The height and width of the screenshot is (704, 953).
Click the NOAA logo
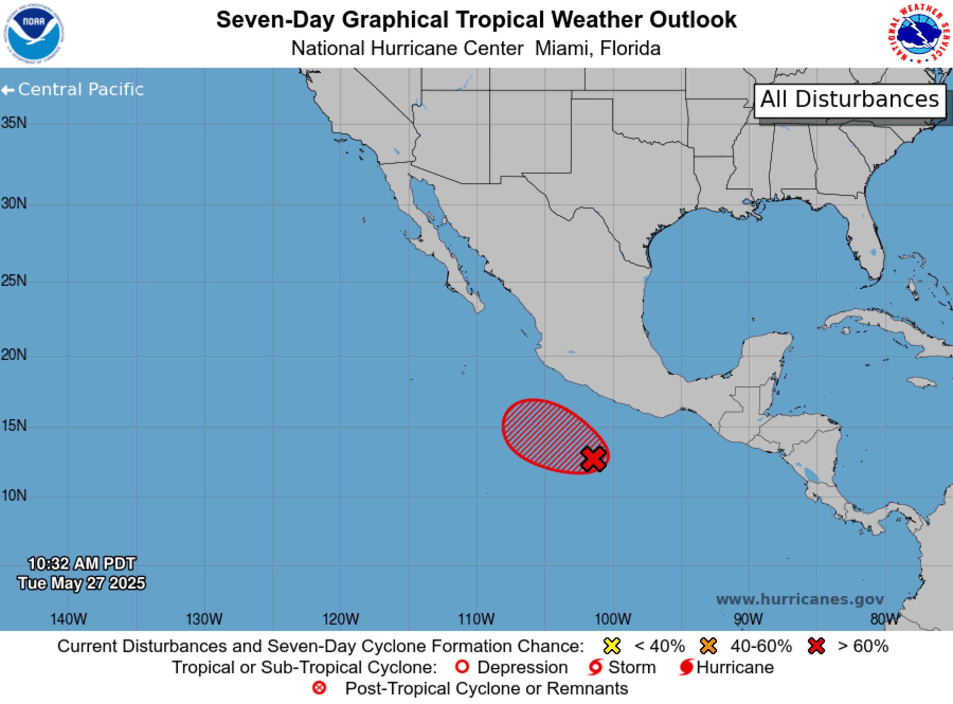pos(34,34)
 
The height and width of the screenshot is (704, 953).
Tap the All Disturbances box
pos(850,100)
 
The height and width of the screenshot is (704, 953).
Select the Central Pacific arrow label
pos(72,90)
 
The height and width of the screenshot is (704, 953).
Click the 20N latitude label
pos(14,355)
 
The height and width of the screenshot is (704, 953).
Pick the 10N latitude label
pos(14,496)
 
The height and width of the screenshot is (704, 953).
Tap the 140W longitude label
pos(69,619)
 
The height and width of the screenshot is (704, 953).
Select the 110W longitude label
pos(476,619)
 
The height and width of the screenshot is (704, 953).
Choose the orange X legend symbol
pos(708,646)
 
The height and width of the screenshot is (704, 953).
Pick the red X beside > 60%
pos(816,646)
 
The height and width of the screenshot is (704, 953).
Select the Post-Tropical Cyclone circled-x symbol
pos(319,688)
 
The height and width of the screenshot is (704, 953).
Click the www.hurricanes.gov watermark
pos(800,600)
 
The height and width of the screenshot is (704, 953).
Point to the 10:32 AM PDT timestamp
pos(81,564)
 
